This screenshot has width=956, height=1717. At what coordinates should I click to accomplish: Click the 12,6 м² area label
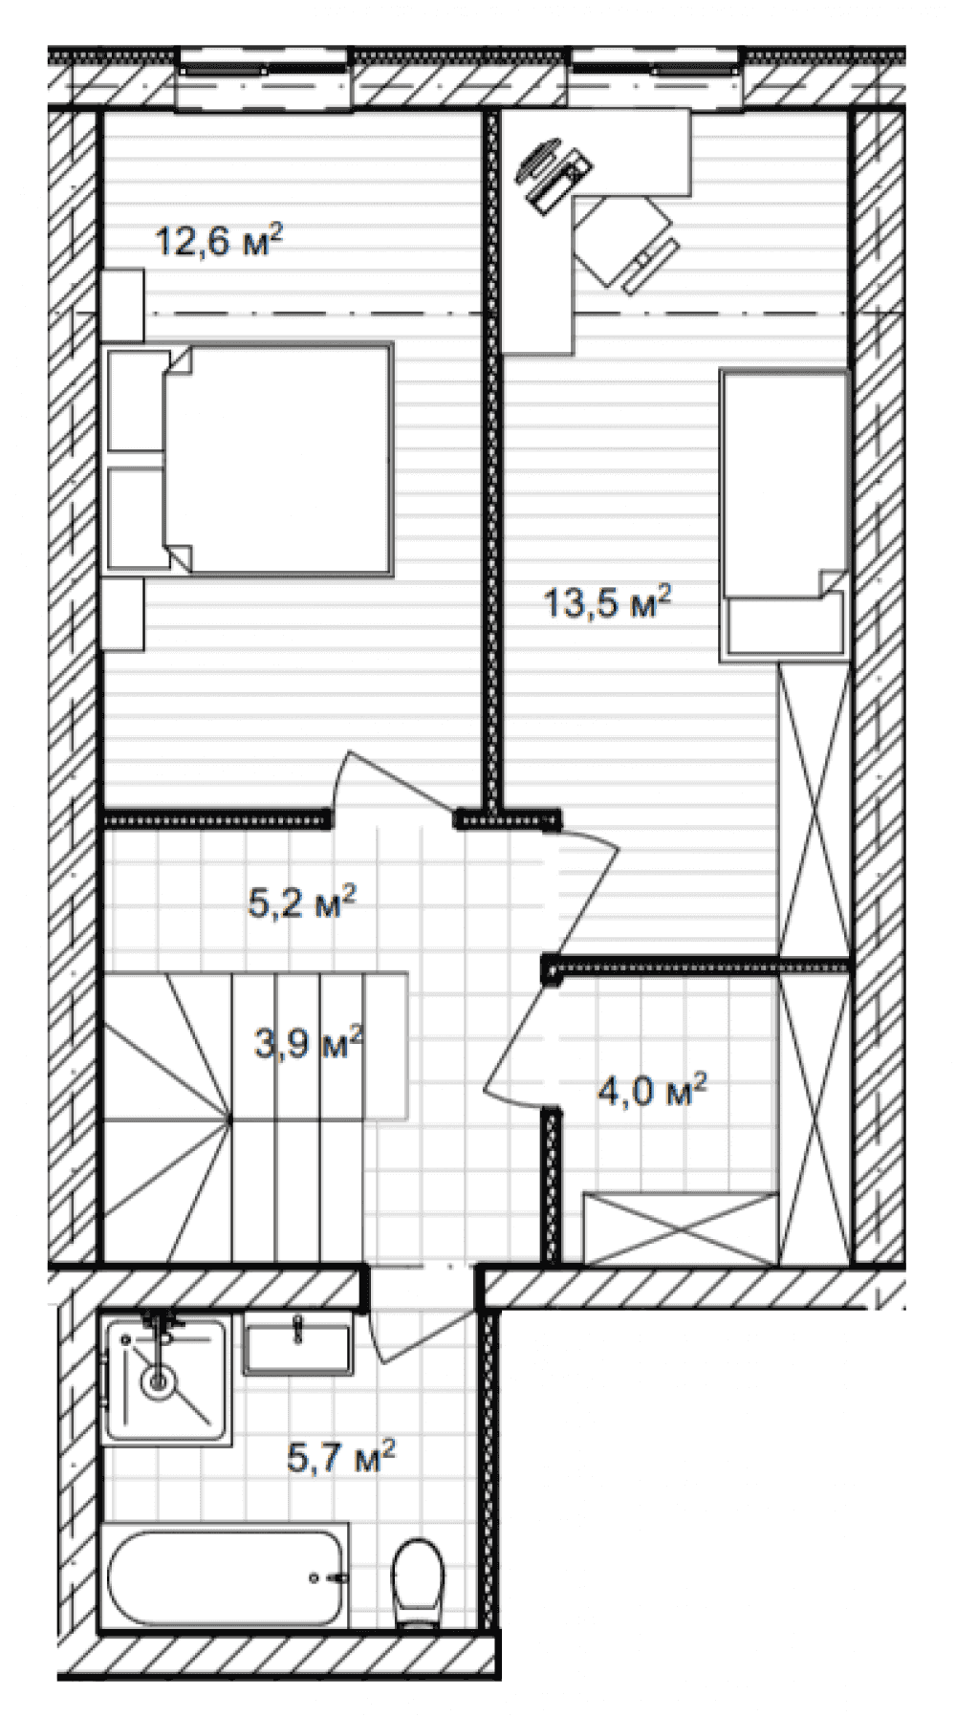coord(219,240)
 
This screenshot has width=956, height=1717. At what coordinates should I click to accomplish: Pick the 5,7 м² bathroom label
coord(341,1458)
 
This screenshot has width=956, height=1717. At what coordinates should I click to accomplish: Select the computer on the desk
coord(555,174)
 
